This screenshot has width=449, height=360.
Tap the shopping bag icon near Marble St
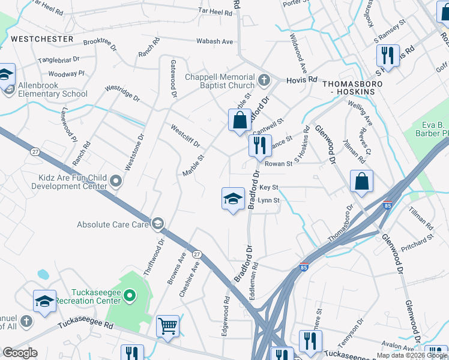coord(240,120)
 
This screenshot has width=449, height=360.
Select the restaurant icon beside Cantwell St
coord(260,145)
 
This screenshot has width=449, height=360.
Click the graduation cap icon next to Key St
coord(233,199)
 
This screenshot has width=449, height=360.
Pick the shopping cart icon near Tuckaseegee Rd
coord(168,326)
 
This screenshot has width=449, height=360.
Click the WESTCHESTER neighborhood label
coord(42,39)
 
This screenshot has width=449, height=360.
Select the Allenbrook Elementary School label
coord(53,90)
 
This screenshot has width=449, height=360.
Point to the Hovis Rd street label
coord(301,79)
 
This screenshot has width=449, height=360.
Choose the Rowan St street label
coord(278,163)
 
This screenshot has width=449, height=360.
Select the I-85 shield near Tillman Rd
coord(388,205)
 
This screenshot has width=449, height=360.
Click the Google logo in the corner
coord(20,353)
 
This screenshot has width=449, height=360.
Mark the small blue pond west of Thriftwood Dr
coord(43,274)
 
